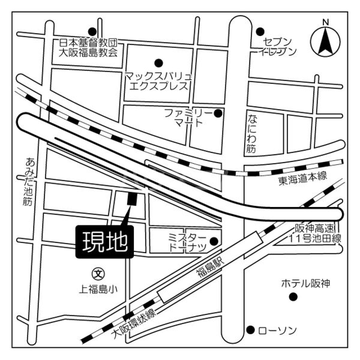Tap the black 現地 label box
coord(104,241)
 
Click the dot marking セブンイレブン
coord(260,31)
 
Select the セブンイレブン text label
coord(277,46)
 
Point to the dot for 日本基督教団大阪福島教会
coord(92,31)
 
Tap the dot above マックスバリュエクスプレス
coord(159,62)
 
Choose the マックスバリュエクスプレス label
coord(159,81)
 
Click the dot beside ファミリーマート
coord(218,113)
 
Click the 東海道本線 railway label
coord(302,178)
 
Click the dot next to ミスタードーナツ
coord(214,242)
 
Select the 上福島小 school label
coord(98,289)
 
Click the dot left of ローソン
coord(250,329)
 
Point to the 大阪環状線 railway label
coord(133,323)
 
